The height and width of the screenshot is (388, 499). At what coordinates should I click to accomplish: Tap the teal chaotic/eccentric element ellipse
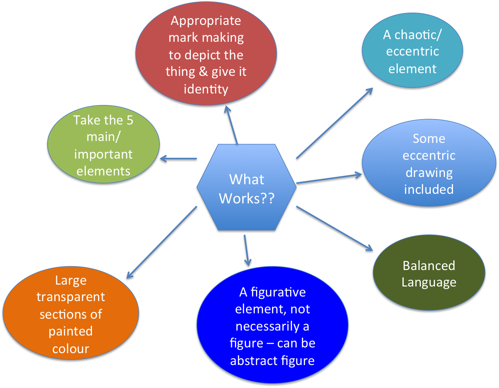coord(412,51)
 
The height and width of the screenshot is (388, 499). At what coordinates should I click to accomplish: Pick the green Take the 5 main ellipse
coord(103,146)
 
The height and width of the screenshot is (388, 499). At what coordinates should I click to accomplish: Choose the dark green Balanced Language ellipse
coord(429,274)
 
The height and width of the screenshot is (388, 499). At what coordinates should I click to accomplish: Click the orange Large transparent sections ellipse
coord(71,314)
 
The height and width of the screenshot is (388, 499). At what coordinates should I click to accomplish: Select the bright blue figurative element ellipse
coord(272,326)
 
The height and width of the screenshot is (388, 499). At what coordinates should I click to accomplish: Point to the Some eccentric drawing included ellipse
coord(429,164)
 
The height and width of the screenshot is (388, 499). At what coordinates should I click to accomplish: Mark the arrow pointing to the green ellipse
coord(179,159)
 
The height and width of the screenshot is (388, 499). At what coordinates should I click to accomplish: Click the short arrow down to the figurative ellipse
coord(246,251)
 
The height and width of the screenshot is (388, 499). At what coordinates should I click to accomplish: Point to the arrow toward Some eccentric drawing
coord(329,179)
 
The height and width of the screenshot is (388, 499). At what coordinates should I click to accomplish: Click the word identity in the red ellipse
coord(206,89)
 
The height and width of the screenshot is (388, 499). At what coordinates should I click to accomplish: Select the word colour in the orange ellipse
coord(71,349)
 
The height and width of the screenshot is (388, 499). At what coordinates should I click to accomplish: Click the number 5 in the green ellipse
coord(130,120)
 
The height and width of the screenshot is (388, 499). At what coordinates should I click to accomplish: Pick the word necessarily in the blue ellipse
coord(268,326)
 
